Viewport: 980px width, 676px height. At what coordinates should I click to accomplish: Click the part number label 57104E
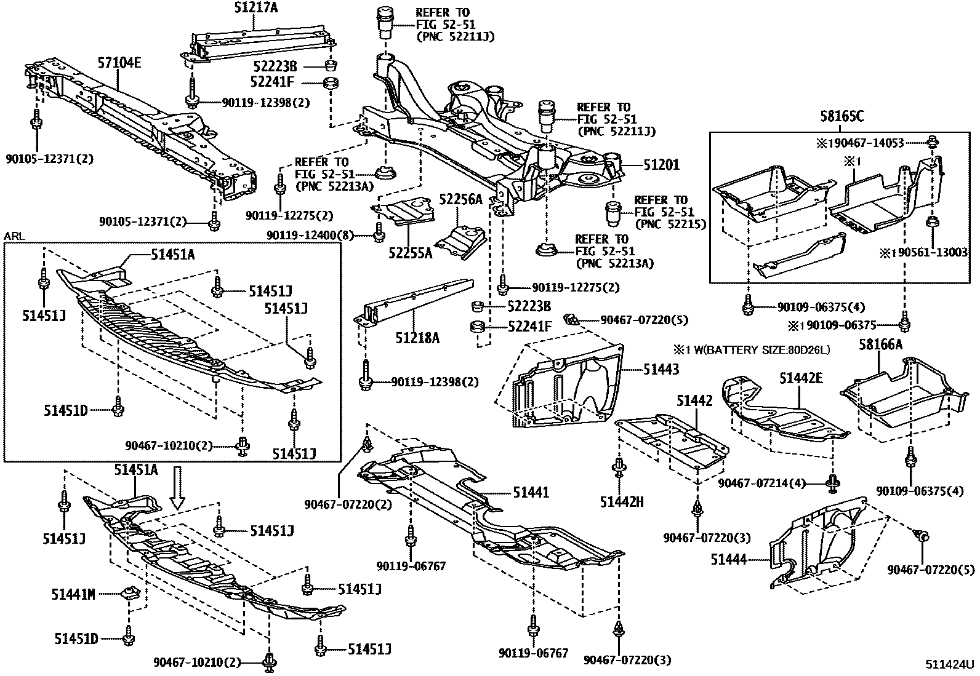(x=119, y=62)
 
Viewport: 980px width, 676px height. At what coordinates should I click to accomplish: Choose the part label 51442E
(x=801, y=378)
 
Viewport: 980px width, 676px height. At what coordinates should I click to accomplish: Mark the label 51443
(x=661, y=369)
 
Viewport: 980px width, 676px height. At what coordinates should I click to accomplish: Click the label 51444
(x=729, y=559)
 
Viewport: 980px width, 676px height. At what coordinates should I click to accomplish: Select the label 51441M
(x=73, y=594)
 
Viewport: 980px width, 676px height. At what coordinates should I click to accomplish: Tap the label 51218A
(x=417, y=338)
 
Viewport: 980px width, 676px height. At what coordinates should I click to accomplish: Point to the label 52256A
(x=460, y=199)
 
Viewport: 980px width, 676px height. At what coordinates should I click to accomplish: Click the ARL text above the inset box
(x=13, y=236)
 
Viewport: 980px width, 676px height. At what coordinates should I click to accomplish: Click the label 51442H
(x=622, y=502)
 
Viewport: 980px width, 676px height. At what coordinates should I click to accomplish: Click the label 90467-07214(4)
(x=761, y=483)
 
